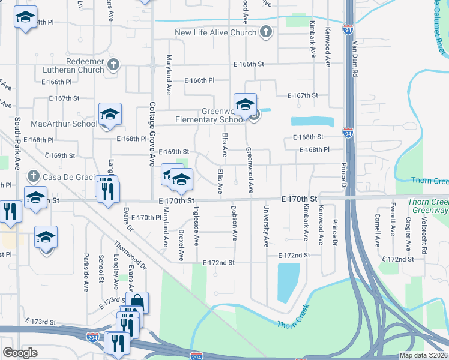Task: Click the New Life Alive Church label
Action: click(x=215, y=32)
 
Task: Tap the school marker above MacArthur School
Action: click(x=110, y=114)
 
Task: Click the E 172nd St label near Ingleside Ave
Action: click(x=218, y=263)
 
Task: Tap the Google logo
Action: click(x=20, y=353)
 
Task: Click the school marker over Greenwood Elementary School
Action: click(x=245, y=105)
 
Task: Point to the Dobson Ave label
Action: click(x=235, y=223)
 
